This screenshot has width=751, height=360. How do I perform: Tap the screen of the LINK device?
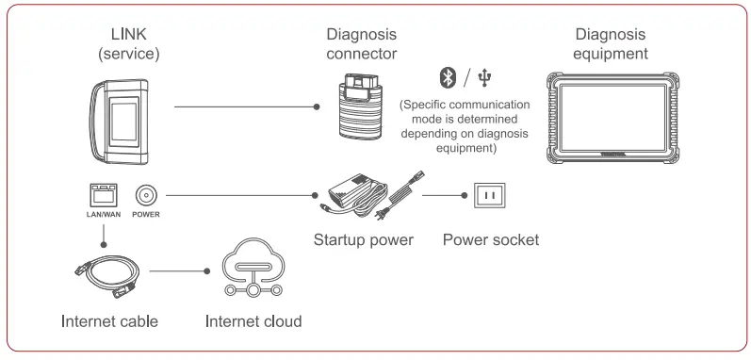(133, 122)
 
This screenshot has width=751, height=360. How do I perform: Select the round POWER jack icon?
(146, 196)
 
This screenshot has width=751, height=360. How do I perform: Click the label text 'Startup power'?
(363, 239)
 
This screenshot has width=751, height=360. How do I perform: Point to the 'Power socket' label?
(490, 239)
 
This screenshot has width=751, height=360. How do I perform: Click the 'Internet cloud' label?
(253, 322)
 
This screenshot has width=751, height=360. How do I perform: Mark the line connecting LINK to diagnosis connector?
(245, 107)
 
